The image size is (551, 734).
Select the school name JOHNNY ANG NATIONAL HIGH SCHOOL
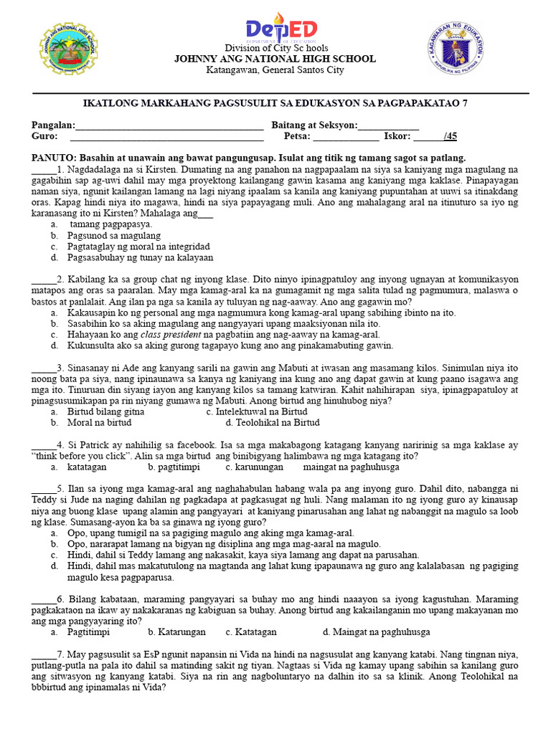click(275, 59)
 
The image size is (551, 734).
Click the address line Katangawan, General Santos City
click(275, 70)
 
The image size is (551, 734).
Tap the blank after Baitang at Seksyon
click(387, 127)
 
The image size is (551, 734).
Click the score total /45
click(451, 136)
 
